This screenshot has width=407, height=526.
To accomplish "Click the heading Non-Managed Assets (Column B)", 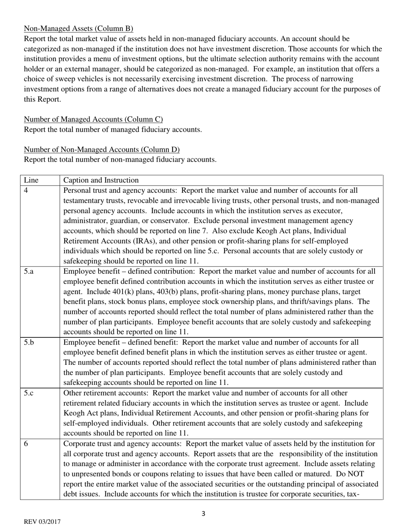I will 78,29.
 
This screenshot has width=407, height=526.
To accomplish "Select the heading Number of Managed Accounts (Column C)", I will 93,119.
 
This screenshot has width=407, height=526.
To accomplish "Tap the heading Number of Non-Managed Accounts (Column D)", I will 102,149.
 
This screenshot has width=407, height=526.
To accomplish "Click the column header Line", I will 30,180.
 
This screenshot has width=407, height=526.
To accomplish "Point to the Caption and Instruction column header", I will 101,180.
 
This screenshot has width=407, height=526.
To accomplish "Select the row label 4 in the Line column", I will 26,190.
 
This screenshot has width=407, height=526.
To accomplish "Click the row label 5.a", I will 29,271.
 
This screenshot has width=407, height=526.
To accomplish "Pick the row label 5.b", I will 29,342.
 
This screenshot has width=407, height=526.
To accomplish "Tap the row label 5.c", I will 29,393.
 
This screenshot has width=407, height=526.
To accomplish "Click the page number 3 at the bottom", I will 203,514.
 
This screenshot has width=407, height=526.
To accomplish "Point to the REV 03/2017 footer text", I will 42,522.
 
